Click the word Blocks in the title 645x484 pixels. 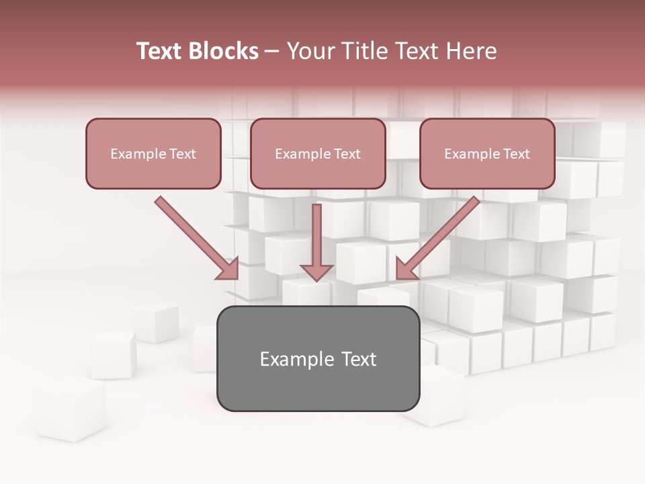pos(224,51)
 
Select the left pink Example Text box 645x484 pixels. pos(153,153)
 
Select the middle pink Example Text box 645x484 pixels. pos(318,153)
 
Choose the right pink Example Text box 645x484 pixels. pos(487,153)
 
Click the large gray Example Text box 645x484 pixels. pos(318,358)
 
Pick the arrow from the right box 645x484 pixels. pos(440,235)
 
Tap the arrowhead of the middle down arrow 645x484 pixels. pos(316,272)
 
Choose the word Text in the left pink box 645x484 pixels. pos(182,154)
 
